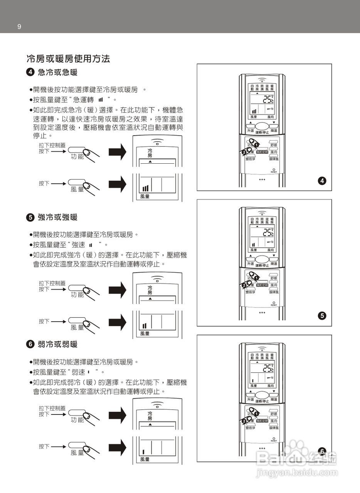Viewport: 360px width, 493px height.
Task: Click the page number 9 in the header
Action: [19, 27]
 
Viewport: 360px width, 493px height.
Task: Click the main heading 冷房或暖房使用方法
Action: [68, 59]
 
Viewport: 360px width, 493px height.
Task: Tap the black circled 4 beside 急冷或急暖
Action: [30, 72]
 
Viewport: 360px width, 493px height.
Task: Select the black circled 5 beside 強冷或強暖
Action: [30, 217]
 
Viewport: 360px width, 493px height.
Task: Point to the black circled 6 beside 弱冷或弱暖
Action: [30, 344]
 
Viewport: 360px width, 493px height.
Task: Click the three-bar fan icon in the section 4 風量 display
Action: [145, 188]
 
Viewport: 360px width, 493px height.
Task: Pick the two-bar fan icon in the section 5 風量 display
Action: [145, 326]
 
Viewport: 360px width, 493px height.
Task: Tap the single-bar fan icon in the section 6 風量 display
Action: [143, 452]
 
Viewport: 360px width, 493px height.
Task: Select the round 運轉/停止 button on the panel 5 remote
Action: [262, 259]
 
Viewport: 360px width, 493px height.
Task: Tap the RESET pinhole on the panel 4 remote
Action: [274, 169]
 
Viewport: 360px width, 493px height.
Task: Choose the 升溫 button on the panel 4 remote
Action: [251, 131]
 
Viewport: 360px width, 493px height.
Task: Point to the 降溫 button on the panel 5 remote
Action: [274, 264]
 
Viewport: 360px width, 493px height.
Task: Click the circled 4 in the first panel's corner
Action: [322, 180]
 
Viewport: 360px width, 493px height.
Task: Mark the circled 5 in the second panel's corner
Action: [322, 316]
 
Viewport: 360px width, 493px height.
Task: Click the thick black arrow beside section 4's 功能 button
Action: [118, 152]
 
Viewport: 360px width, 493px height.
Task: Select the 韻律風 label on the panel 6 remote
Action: [274, 428]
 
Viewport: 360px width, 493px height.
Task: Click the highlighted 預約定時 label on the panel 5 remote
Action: [262, 285]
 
